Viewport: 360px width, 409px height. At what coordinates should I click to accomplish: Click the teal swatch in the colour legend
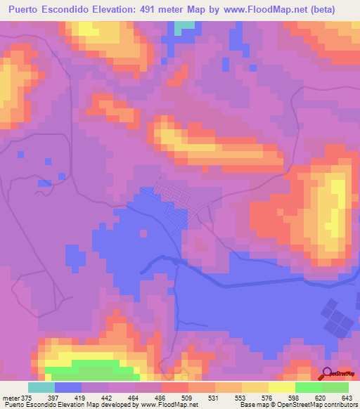pos(41,387)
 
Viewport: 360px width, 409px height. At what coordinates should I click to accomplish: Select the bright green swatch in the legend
pos(309,387)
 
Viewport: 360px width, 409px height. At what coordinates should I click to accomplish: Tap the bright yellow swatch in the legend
pos(282,387)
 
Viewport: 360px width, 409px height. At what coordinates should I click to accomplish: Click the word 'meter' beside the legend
pos(11,398)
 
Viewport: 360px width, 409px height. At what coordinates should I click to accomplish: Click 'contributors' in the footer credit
pos(338,405)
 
